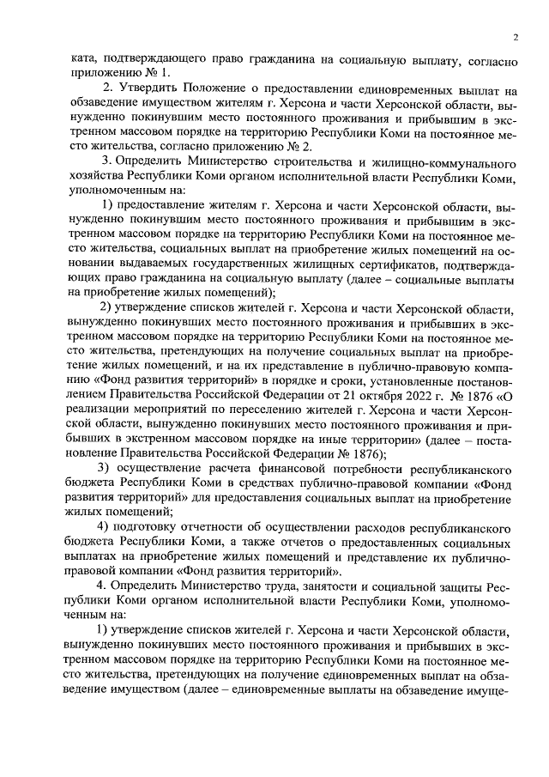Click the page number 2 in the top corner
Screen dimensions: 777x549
click(x=515, y=38)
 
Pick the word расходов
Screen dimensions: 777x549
click(x=371, y=526)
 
